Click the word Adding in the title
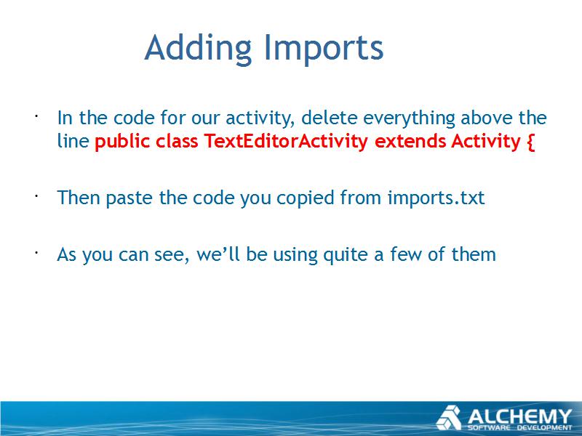198,49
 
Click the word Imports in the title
324,49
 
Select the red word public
122,141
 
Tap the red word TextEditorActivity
286,141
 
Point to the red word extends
410,141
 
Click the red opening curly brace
531,142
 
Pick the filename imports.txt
436,198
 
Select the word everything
409,118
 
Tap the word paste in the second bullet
129,198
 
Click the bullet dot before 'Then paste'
36,196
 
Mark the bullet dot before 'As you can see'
36,253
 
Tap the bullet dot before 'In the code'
36,116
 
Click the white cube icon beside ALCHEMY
449,418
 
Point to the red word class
177,141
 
